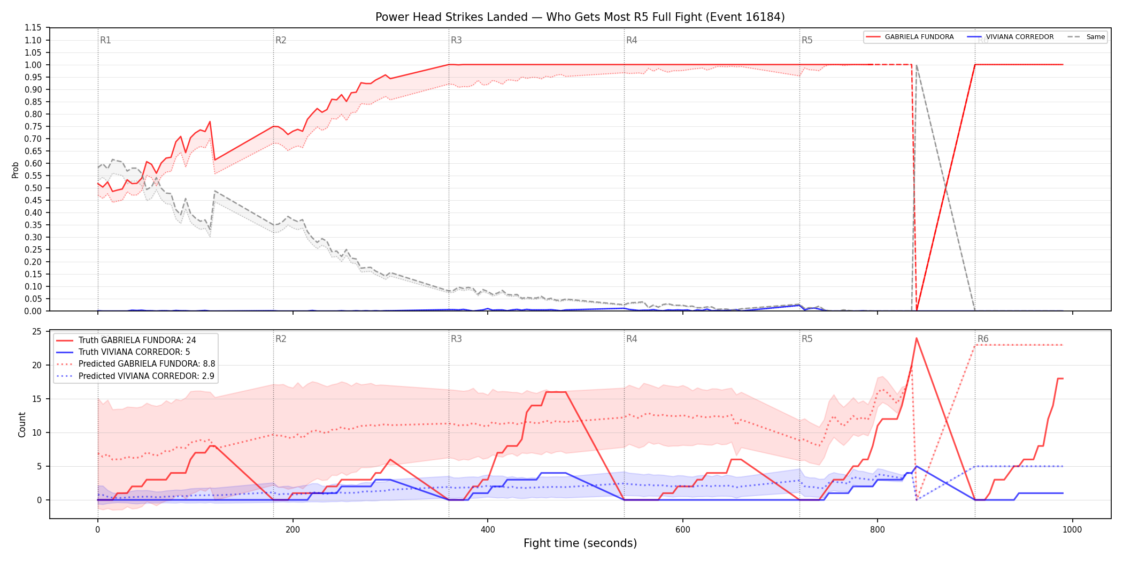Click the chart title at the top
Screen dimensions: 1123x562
(x=580, y=17)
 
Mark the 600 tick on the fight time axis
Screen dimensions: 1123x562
(x=682, y=530)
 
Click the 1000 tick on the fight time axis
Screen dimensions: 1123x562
(x=1072, y=530)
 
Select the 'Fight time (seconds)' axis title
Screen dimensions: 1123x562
(x=580, y=543)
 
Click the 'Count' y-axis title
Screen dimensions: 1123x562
(x=22, y=424)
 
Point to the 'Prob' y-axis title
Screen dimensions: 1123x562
(x=16, y=170)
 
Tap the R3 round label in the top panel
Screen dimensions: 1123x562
(x=456, y=40)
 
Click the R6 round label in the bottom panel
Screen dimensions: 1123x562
(x=983, y=339)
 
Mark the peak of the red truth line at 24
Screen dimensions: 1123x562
(x=917, y=338)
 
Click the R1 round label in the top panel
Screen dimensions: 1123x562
(x=105, y=40)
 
